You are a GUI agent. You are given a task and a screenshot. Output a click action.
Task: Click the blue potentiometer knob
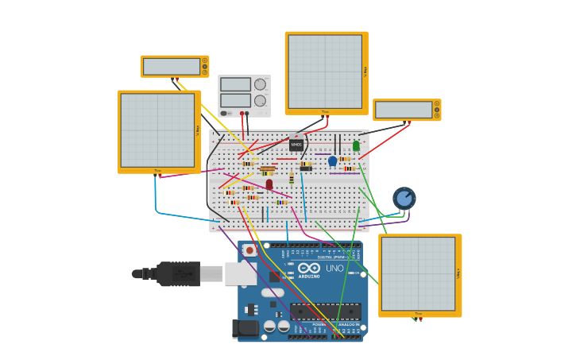click(x=404, y=198)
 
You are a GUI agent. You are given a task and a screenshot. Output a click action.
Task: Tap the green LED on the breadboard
click(x=356, y=146)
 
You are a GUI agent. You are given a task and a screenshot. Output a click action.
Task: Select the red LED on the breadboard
click(x=269, y=184)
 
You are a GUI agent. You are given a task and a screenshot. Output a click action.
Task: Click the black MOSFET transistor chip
click(x=296, y=145)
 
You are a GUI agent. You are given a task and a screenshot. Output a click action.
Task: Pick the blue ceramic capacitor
click(x=333, y=161)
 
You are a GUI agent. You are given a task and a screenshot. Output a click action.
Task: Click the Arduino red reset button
click(x=249, y=250)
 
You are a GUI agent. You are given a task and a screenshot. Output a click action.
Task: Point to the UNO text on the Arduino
click(x=334, y=269)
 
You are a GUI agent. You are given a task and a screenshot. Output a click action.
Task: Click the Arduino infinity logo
click(x=309, y=269)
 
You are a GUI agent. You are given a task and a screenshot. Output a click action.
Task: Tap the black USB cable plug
click(x=178, y=273)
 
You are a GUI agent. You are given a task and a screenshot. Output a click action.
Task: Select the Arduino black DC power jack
click(x=246, y=327)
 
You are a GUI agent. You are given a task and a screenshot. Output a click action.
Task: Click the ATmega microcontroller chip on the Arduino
click(x=325, y=311)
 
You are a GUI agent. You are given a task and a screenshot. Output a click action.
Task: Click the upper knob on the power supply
click(x=260, y=84)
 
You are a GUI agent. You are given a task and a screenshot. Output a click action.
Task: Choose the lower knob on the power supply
click(x=260, y=101)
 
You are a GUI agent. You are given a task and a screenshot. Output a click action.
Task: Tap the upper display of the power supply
click(x=235, y=84)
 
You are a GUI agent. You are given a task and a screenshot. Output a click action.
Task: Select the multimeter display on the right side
click(x=404, y=110)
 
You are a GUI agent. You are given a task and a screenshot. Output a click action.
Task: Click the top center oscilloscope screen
click(x=324, y=72)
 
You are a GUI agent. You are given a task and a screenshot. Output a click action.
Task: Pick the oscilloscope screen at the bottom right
click(x=418, y=274)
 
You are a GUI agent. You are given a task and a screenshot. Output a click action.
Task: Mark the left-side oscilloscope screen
click(x=157, y=130)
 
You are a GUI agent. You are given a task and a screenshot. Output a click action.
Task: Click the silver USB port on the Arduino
click(x=240, y=273)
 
